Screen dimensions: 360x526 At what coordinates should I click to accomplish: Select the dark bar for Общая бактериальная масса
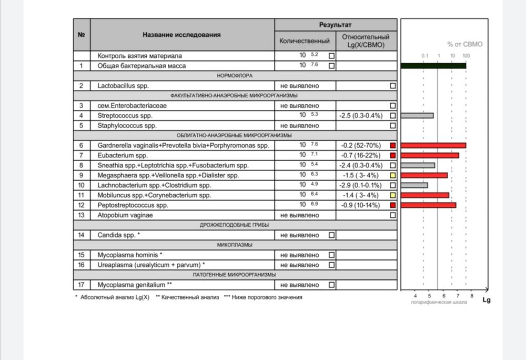(x=433, y=66)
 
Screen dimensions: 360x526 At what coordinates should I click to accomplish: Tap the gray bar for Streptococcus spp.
(x=417, y=115)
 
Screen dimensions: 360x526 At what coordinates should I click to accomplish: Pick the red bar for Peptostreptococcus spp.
(x=428, y=205)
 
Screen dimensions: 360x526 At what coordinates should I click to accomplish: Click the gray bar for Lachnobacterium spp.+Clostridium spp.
(x=414, y=185)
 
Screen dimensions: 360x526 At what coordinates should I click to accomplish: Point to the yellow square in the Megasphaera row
(x=392, y=175)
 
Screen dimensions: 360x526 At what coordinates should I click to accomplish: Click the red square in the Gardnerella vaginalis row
(x=392, y=145)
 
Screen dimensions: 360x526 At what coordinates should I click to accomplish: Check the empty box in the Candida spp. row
(x=331, y=235)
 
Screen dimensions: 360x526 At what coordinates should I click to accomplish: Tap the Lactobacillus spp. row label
(x=120, y=85)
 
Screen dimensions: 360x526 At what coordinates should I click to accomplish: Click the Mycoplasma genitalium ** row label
(x=135, y=285)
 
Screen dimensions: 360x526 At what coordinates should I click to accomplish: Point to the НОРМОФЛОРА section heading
(x=235, y=76)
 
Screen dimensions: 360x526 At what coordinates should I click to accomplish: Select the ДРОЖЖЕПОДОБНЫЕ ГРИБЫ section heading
(x=235, y=225)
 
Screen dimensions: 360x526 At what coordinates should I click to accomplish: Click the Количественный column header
(x=305, y=41)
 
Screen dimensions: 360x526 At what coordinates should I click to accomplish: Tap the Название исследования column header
(x=181, y=35)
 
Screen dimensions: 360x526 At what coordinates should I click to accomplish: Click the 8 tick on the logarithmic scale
(x=472, y=296)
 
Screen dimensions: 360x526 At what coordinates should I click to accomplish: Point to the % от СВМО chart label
(x=464, y=44)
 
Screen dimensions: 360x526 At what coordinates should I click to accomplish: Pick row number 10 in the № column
(x=82, y=185)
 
